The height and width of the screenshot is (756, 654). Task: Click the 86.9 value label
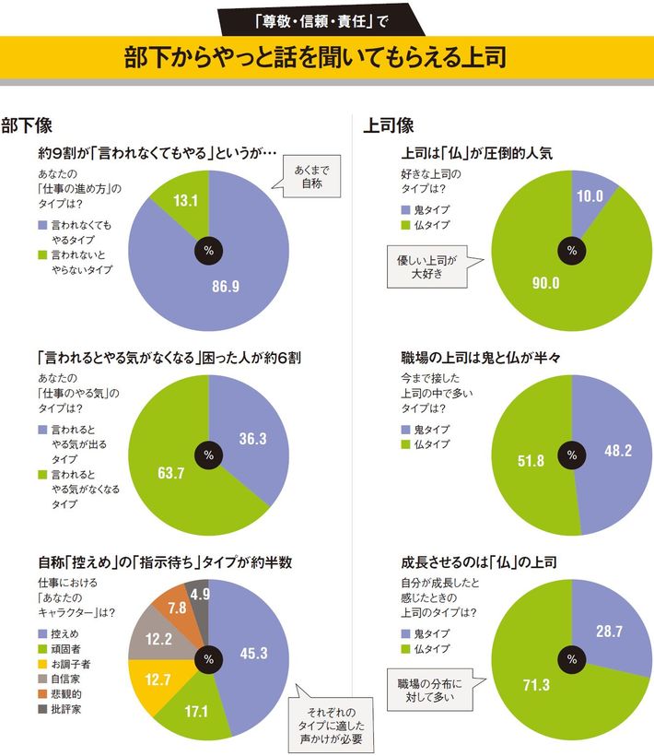coord(225,287)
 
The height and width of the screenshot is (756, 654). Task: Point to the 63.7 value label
coord(167,474)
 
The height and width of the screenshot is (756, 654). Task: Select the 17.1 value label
coord(193,715)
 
